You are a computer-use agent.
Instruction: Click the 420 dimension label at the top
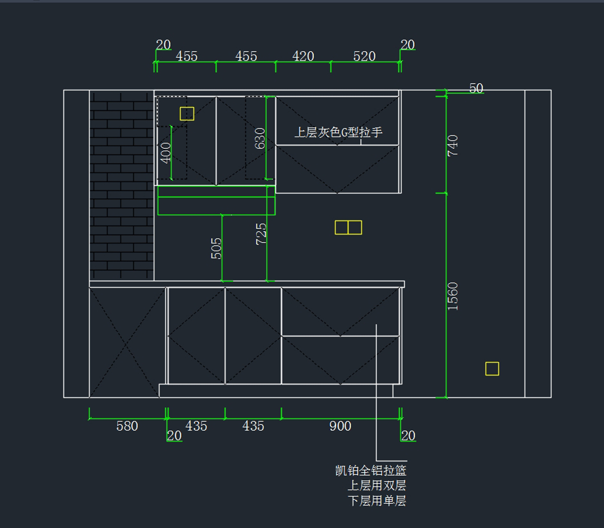tap(303, 56)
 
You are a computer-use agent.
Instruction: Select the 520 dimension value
tap(364, 56)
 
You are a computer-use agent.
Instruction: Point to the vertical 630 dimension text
tap(260, 138)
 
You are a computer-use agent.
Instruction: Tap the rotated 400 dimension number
tap(166, 153)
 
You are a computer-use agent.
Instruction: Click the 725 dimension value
tap(261, 234)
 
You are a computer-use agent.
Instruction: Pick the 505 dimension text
tap(216, 249)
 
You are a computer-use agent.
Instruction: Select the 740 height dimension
tap(452, 145)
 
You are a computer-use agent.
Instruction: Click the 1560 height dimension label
tap(452, 296)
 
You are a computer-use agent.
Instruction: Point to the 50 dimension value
tap(476, 88)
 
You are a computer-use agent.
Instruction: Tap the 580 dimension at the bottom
tap(127, 426)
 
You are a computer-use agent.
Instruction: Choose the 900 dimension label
tap(340, 426)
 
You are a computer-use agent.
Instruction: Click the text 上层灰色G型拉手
tap(338, 132)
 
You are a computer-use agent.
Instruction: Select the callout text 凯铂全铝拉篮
tap(371, 471)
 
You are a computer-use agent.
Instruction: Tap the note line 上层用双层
tap(376, 486)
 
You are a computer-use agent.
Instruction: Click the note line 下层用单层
tap(376, 501)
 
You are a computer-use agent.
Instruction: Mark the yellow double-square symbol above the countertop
tap(348, 228)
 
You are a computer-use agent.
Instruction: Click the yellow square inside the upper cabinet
tap(187, 114)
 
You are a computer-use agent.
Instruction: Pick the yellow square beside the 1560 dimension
tap(492, 369)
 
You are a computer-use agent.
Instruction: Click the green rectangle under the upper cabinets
tap(216, 201)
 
